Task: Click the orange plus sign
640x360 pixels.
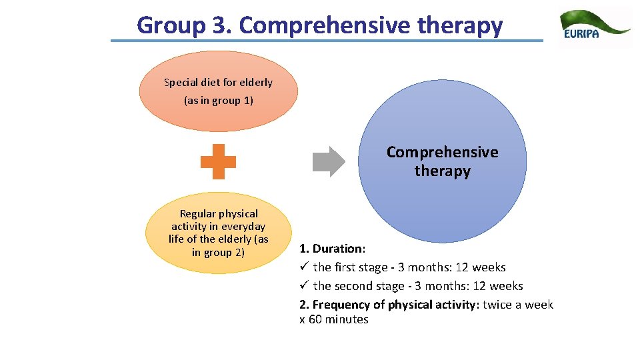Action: [x=219, y=161]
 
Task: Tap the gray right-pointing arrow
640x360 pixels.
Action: [x=329, y=161]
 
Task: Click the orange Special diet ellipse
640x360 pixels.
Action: [x=219, y=91]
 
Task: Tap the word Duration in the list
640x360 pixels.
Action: [x=338, y=249]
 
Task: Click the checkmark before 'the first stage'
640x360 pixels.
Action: [x=303, y=267]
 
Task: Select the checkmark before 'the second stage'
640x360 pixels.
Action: [x=303, y=286]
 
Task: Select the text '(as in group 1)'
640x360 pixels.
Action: [x=219, y=101]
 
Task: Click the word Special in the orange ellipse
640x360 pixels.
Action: [x=181, y=83]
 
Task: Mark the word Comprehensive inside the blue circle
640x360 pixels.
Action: [x=442, y=152]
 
